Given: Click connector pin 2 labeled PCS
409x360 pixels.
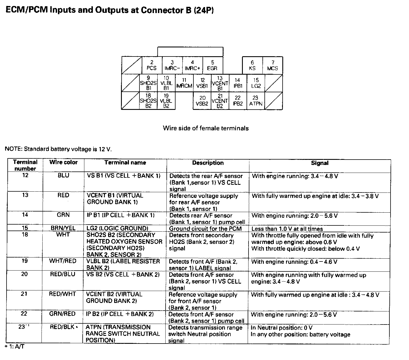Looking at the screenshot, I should tap(152, 65).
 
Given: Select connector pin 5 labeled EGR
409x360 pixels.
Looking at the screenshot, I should tap(212, 65).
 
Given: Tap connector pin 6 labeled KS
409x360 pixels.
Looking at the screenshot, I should tap(252, 65).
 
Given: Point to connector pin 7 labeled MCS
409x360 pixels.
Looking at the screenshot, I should tap(273, 65).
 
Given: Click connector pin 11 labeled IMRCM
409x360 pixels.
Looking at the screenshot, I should tap(184, 83).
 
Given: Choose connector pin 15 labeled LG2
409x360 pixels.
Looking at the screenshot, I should tap(256, 83).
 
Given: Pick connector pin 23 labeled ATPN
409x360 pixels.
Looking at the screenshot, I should tap(256, 101).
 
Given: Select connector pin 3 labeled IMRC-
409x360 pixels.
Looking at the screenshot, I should tap(172, 65).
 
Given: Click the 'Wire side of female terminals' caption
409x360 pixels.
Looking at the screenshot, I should tap(206, 128).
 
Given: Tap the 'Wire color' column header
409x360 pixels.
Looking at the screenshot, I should tap(63, 162).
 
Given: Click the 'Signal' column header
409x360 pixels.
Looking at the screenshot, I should tap(320, 163).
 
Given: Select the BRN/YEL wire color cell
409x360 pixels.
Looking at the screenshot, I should tap(63, 228).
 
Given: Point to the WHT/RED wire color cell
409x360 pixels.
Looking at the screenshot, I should tap(63, 261).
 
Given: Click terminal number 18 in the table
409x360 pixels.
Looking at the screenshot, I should tap(25, 235).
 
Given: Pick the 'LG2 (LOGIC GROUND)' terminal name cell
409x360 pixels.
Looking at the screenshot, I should tap(118, 228).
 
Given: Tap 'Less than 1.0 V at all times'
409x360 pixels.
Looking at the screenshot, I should tap(287, 229).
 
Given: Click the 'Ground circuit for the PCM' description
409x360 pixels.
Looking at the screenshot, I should tap(205, 229).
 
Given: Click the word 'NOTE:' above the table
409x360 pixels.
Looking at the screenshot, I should tap(14, 149).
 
